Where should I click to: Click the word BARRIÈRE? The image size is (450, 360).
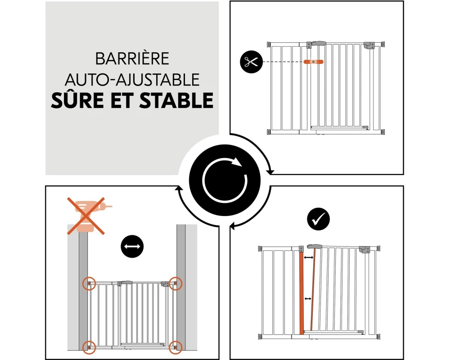click(x=132, y=58)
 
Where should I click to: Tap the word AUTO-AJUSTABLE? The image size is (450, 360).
click(x=132, y=80)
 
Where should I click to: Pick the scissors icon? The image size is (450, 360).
click(x=252, y=62)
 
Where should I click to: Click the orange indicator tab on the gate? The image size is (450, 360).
click(x=313, y=62)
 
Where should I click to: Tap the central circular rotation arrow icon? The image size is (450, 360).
click(x=225, y=180)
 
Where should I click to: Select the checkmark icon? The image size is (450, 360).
click(x=318, y=219)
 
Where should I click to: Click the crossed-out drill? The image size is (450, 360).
click(x=86, y=216)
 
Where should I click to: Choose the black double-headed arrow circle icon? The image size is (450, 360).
click(x=132, y=246)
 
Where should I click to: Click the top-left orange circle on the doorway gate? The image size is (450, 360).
click(x=89, y=283)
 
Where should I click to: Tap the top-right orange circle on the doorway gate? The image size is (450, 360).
click(x=175, y=283)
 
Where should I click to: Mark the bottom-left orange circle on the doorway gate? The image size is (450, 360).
click(x=89, y=347)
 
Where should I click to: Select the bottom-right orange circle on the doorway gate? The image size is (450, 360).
click(x=175, y=347)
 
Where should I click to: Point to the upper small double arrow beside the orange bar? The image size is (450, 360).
click(x=309, y=258)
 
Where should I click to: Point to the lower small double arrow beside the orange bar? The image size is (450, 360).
click(x=308, y=299)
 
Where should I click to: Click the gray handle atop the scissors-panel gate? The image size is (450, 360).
click(x=319, y=44)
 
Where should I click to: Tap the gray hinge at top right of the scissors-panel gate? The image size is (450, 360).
click(x=369, y=45)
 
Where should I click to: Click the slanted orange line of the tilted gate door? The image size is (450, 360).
click(x=313, y=289)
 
